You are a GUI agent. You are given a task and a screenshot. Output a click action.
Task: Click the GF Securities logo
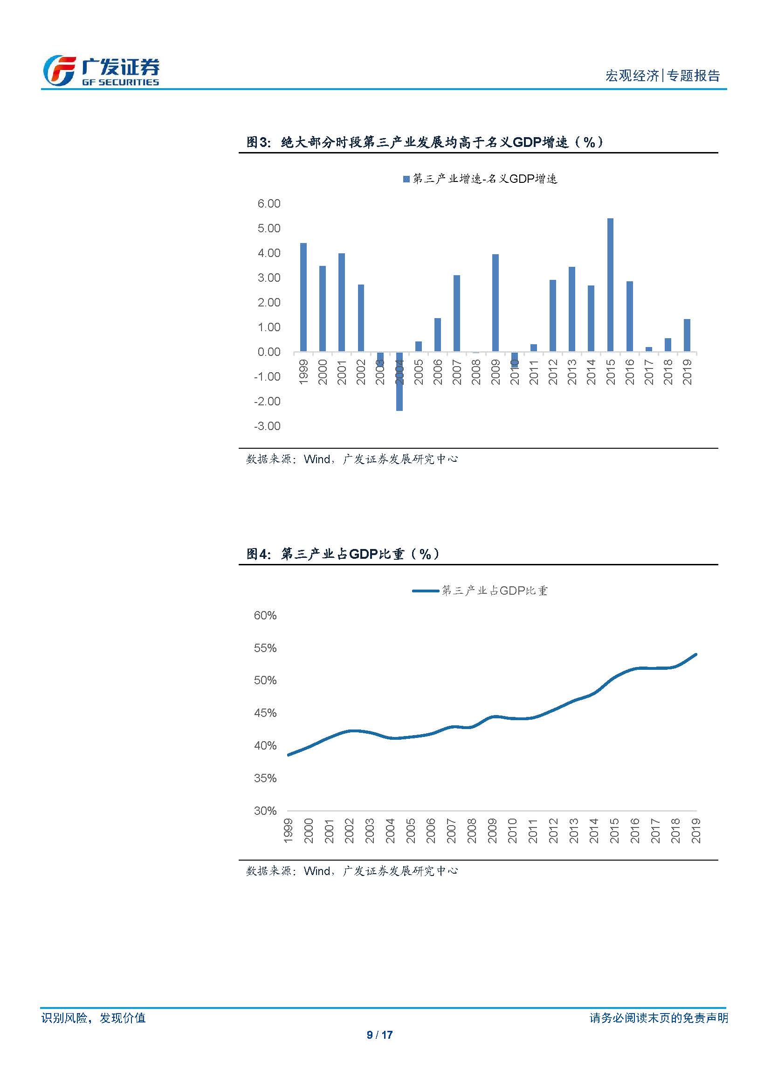coord(101,71)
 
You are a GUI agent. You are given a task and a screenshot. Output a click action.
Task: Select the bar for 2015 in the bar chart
coord(610,285)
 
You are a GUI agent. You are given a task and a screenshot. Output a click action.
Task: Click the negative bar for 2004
coord(399,382)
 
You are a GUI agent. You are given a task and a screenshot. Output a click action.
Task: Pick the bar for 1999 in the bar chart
coord(303,298)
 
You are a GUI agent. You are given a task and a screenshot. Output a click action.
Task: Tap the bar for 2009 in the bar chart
coord(495,303)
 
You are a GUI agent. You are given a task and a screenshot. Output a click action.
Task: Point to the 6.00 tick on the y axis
coord(268,204)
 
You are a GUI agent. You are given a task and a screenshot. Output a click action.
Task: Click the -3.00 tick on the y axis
coord(267,426)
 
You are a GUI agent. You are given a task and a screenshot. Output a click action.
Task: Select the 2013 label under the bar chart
coord(572,372)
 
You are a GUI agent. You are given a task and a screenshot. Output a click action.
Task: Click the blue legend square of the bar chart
coord(406,179)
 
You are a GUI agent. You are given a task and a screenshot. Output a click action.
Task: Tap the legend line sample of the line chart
coord(426,591)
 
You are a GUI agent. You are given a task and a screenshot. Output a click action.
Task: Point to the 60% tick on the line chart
coord(265,616)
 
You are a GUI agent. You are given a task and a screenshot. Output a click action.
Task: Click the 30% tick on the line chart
coord(265,811)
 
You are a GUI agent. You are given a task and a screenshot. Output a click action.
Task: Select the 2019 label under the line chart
coord(696,831)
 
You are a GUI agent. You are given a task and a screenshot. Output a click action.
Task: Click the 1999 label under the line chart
coord(288,831)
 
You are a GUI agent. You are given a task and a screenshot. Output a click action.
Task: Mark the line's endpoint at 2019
coord(696,654)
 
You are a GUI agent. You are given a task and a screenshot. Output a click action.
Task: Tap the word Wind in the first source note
coord(317,459)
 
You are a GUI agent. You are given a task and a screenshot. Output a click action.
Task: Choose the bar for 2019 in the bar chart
coord(687,335)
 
